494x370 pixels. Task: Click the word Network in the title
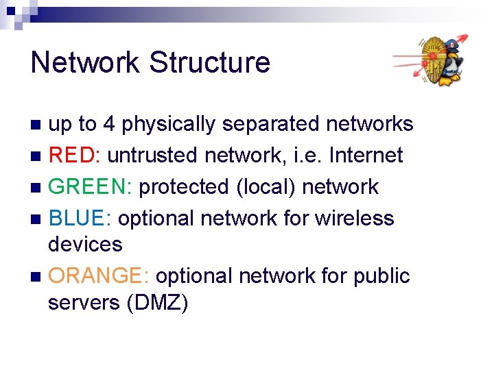pyautogui.click(x=85, y=62)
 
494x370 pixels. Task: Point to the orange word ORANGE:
pyautogui.click(x=99, y=276)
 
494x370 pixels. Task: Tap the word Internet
pyautogui.click(x=366, y=156)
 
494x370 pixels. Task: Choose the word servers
pyautogui.click(x=84, y=302)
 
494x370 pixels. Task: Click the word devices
pyautogui.click(x=85, y=245)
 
